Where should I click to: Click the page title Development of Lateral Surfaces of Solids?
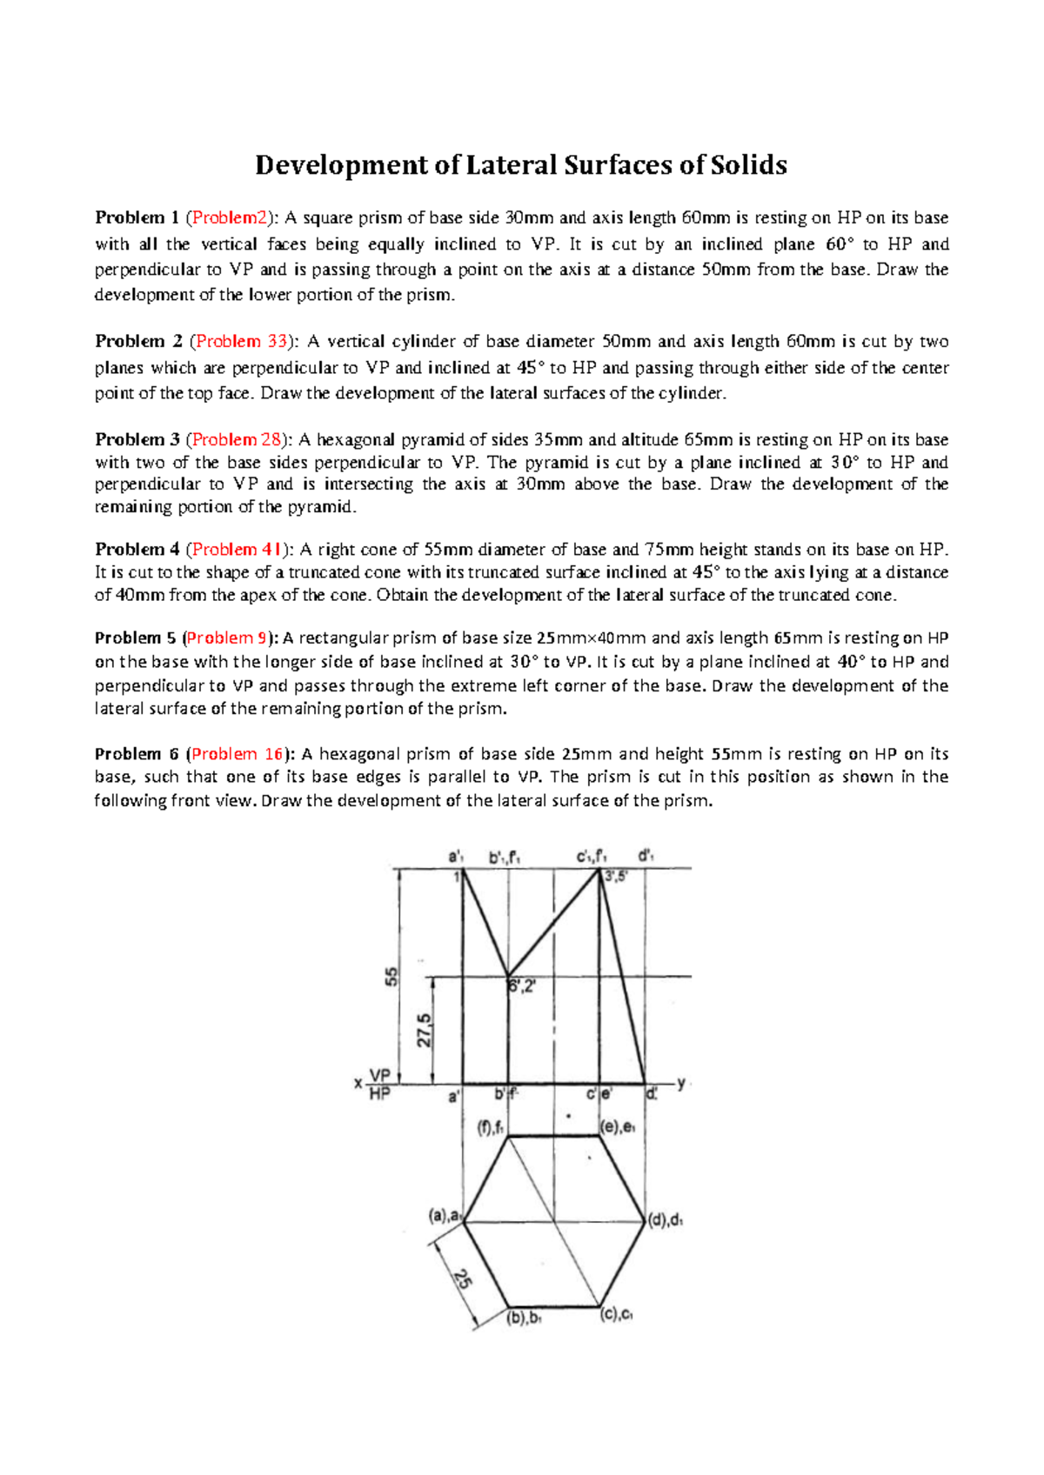[x=520, y=165]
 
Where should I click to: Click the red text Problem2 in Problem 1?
[x=230, y=217]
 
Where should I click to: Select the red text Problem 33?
[x=241, y=341]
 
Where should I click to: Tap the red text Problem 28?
[x=236, y=439]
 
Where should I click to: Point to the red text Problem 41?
[x=237, y=549]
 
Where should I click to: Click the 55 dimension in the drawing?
[x=392, y=976]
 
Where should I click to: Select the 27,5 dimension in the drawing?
[x=424, y=1031]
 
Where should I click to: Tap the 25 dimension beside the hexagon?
[x=462, y=1278]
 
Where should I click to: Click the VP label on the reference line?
[x=380, y=1075]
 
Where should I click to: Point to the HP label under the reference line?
[x=380, y=1094]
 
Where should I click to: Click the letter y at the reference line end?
[x=681, y=1083]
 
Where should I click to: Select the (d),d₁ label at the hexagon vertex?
[x=666, y=1220]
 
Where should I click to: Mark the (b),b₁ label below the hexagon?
[x=524, y=1318]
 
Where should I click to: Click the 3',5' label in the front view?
[x=616, y=877]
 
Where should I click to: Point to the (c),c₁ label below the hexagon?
[x=616, y=1315]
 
